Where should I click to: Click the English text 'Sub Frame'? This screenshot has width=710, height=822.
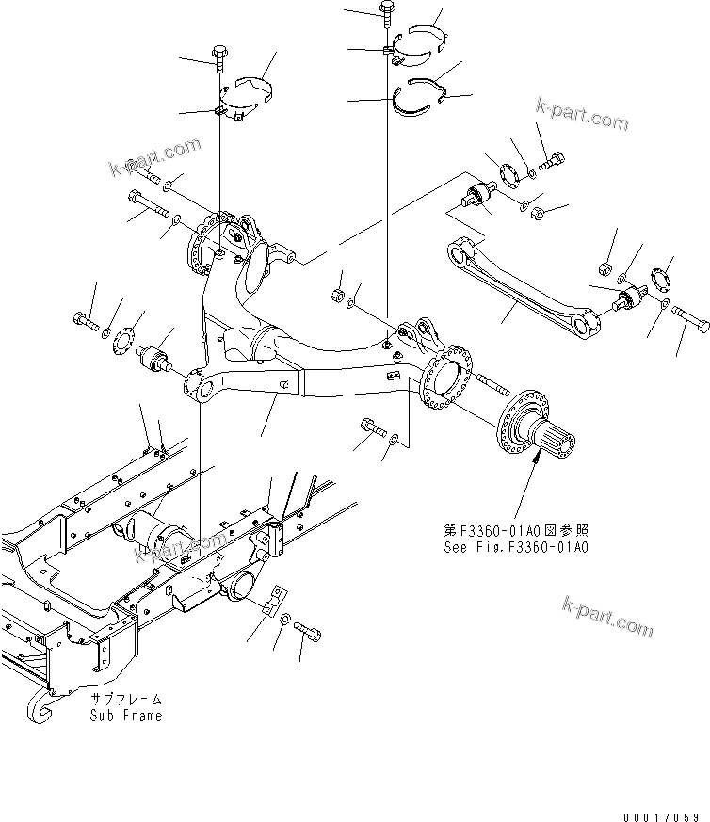click(x=126, y=715)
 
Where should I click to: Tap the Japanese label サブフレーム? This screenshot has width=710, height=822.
click(x=126, y=700)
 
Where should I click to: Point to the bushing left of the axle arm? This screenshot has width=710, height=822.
click(x=153, y=359)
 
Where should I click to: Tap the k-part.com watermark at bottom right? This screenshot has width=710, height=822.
click(x=607, y=617)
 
